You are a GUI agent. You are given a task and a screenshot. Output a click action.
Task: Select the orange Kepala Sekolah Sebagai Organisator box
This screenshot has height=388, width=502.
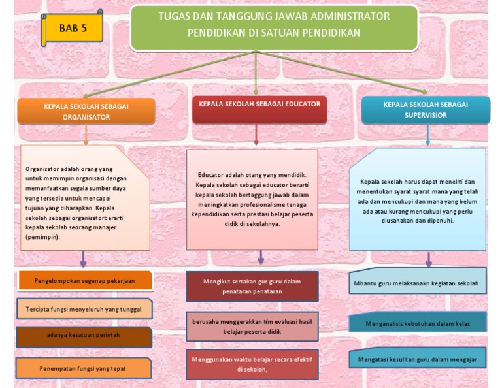pos(86,110)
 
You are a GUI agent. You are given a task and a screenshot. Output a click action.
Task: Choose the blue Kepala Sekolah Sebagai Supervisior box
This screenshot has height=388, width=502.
pos(425,110)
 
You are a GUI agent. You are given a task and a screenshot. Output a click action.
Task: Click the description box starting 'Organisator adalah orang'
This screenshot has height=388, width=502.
pos(82,199)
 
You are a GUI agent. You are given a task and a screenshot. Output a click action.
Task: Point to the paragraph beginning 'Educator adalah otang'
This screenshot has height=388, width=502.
pos(251,200)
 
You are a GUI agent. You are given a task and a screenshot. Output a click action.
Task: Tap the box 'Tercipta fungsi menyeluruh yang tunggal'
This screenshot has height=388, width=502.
pos(84,308)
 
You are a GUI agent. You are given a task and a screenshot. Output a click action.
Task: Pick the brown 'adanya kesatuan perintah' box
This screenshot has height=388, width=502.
pos(84,336)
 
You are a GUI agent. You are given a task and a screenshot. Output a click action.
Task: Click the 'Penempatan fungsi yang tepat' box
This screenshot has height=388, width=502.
pos(84,368)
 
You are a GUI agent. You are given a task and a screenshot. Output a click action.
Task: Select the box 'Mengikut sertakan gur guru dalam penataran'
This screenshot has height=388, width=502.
pos(252,286)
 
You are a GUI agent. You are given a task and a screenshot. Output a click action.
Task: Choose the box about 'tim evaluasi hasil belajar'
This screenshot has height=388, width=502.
pos(252,326)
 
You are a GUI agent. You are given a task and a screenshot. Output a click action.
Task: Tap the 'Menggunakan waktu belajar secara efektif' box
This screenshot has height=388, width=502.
pos(252,364)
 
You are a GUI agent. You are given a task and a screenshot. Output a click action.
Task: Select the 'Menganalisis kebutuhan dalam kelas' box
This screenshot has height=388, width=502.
pos(417,322)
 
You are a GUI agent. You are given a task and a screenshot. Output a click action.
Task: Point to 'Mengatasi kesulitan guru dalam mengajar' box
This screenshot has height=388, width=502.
pos(417,359)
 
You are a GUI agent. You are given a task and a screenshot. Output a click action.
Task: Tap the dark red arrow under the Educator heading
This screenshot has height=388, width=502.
pos(256,135)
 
